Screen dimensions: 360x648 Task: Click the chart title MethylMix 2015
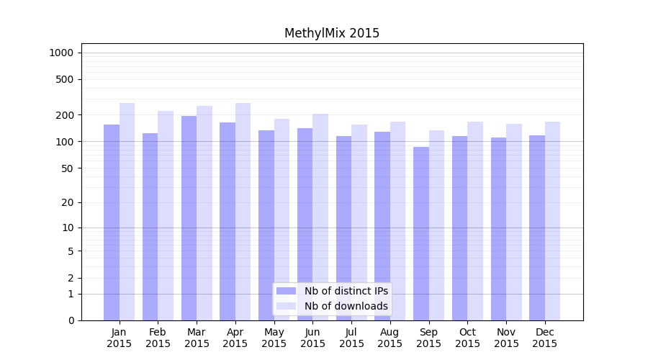point(332,33)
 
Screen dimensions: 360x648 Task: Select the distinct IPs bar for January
point(112,222)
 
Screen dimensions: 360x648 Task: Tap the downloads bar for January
point(127,212)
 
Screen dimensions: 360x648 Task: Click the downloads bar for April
point(243,212)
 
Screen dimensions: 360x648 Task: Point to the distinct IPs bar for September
point(421,234)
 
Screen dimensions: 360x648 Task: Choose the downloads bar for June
point(320,217)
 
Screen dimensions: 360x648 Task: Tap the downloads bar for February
point(166,215)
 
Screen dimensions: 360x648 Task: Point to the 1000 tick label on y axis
point(61,53)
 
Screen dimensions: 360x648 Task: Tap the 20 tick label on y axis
point(68,202)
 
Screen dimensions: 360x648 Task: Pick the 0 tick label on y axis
point(71,320)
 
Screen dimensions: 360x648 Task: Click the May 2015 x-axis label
point(274,338)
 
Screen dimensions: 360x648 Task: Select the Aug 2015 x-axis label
point(390,338)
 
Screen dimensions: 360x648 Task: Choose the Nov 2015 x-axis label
point(506,338)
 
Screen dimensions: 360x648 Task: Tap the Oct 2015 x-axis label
point(467,338)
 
